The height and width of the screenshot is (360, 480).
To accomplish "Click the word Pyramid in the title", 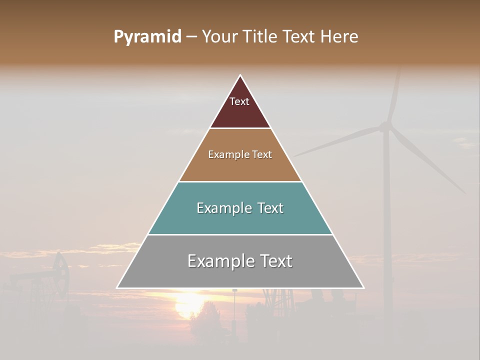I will (147, 37).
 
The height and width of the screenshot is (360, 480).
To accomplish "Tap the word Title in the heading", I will (263, 37).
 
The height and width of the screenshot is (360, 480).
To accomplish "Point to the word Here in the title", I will (339, 37).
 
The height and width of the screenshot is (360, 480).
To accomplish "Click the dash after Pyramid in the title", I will (191, 37).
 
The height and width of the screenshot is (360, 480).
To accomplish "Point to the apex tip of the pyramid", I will (240, 75).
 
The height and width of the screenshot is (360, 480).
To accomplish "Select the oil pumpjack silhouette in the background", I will (55, 277).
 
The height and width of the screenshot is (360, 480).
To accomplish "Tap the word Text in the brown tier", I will (262, 155).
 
